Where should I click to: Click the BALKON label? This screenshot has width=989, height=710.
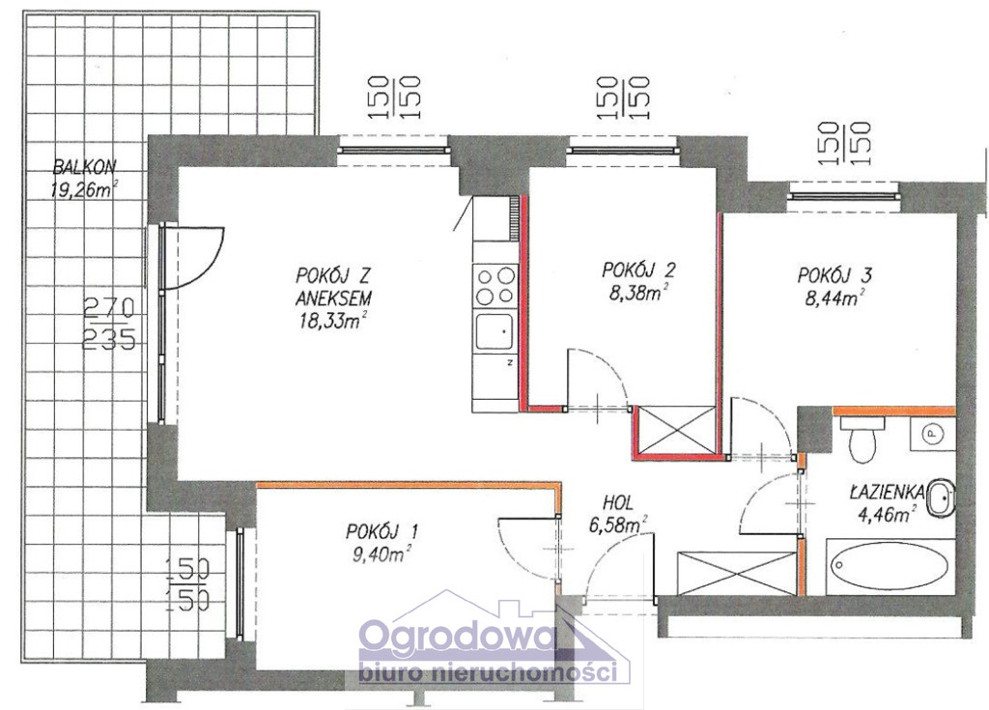click(85, 167)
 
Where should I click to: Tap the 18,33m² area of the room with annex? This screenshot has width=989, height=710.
click(333, 322)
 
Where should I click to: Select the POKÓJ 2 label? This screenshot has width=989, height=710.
click(638, 270)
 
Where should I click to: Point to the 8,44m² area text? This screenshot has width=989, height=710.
click(834, 298)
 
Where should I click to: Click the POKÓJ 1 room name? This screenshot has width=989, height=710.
click(381, 531)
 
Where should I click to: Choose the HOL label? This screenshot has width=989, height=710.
click(618, 503)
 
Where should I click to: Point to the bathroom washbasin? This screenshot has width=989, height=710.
click(940, 497)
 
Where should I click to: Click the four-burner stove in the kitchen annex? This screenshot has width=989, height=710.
click(495, 286)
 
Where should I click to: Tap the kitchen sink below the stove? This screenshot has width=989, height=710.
click(495, 331)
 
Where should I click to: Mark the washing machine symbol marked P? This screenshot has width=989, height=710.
click(932, 434)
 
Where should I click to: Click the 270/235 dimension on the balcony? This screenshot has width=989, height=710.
click(109, 325)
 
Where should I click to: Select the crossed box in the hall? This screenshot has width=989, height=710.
click(735, 573)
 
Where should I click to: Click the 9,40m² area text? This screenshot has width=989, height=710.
click(381, 554)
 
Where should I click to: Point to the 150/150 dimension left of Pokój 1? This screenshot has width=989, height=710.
click(187, 583)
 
